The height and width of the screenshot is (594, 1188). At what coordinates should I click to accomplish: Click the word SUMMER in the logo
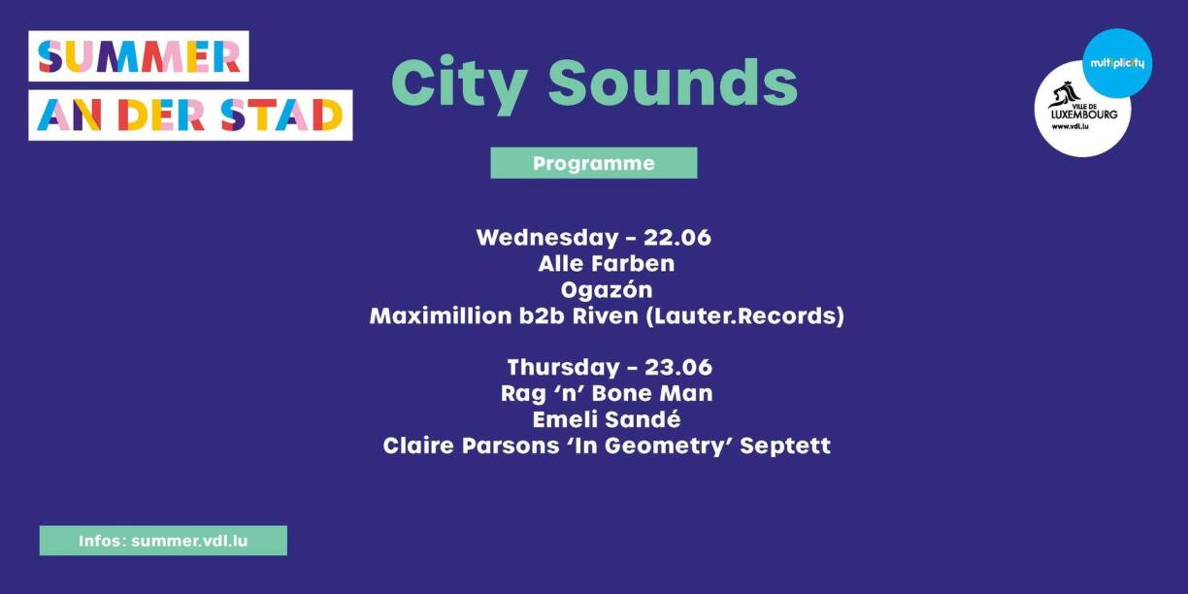click(x=139, y=56)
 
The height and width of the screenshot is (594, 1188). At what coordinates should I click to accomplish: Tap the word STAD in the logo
click(x=281, y=115)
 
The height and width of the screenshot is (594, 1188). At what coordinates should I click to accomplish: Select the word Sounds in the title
click(x=673, y=82)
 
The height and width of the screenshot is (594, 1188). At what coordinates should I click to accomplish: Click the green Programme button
click(x=593, y=163)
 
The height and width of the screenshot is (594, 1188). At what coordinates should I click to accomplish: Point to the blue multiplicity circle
click(x=1117, y=63)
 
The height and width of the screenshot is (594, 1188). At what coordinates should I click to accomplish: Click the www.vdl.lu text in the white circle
click(x=1071, y=127)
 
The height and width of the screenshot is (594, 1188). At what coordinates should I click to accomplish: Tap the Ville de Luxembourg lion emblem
click(x=1065, y=95)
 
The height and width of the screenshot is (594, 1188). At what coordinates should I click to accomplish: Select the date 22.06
click(x=677, y=238)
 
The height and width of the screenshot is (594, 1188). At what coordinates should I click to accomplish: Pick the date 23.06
click(x=678, y=368)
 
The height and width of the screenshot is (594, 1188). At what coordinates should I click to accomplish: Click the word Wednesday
click(x=547, y=238)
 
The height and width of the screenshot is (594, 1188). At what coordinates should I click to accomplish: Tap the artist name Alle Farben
click(x=607, y=264)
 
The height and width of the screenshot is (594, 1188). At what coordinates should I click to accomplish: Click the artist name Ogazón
click(x=607, y=290)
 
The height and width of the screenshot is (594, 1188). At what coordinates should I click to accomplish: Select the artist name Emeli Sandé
click(x=607, y=419)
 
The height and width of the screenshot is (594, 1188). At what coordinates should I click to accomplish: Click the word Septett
click(x=785, y=445)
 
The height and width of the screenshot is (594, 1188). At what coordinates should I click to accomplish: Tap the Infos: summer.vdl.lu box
click(x=163, y=541)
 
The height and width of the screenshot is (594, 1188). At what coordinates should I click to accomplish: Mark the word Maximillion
click(x=441, y=316)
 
